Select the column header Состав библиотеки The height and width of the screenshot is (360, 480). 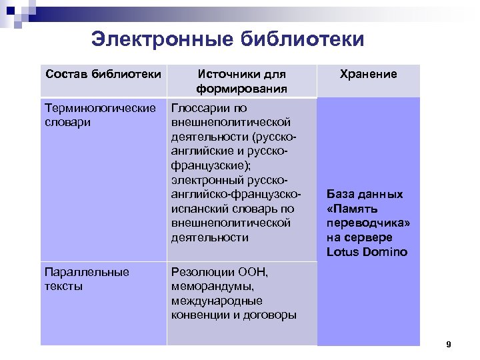pyautogui.click(x=103, y=74)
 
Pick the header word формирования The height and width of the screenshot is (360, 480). pyautogui.click(x=241, y=89)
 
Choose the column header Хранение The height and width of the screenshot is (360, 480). pyautogui.click(x=368, y=74)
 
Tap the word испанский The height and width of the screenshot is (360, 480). pyautogui.click(x=195, y=209)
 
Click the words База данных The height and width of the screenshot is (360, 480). pyautogui.click(x=365, y=194)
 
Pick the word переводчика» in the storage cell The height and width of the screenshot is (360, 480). pyautogui.click(x=369, y=223)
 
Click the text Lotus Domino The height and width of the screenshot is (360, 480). pyautogui.click(x=367, y=252)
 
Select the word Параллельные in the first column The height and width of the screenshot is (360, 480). pyautogui.click(x=87, y=271)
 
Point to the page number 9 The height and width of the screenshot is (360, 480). pyautogui.click(x=449, y=345)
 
